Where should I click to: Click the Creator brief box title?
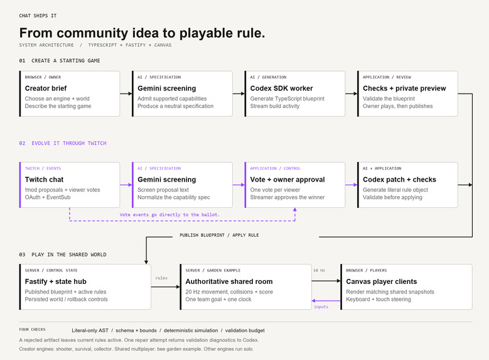pos(46,89)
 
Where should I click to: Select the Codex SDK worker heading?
pos(281,89)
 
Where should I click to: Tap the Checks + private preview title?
pos(404,89)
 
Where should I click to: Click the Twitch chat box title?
pos(44,180)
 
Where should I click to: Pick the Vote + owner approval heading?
pos(287,180)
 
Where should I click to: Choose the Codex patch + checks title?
pos(399,180)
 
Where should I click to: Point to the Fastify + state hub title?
pos(55,281)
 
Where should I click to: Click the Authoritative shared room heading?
pos(229,281)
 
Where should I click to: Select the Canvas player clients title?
pos(382,281)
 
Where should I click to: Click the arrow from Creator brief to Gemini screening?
pos(126,94)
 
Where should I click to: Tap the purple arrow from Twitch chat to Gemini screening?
pos(126,185)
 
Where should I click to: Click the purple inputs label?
pos(321,307)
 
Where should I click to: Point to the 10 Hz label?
pos(319,270)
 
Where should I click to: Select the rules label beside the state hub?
pos(161,278)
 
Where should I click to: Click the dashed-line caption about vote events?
pos(169,215)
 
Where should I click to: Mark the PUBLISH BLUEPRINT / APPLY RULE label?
pos(219,235)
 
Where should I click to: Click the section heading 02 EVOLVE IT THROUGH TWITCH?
pos(63,143)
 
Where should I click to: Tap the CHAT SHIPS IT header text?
pos(38,16)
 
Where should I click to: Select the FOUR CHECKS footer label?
pos(32,329)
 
